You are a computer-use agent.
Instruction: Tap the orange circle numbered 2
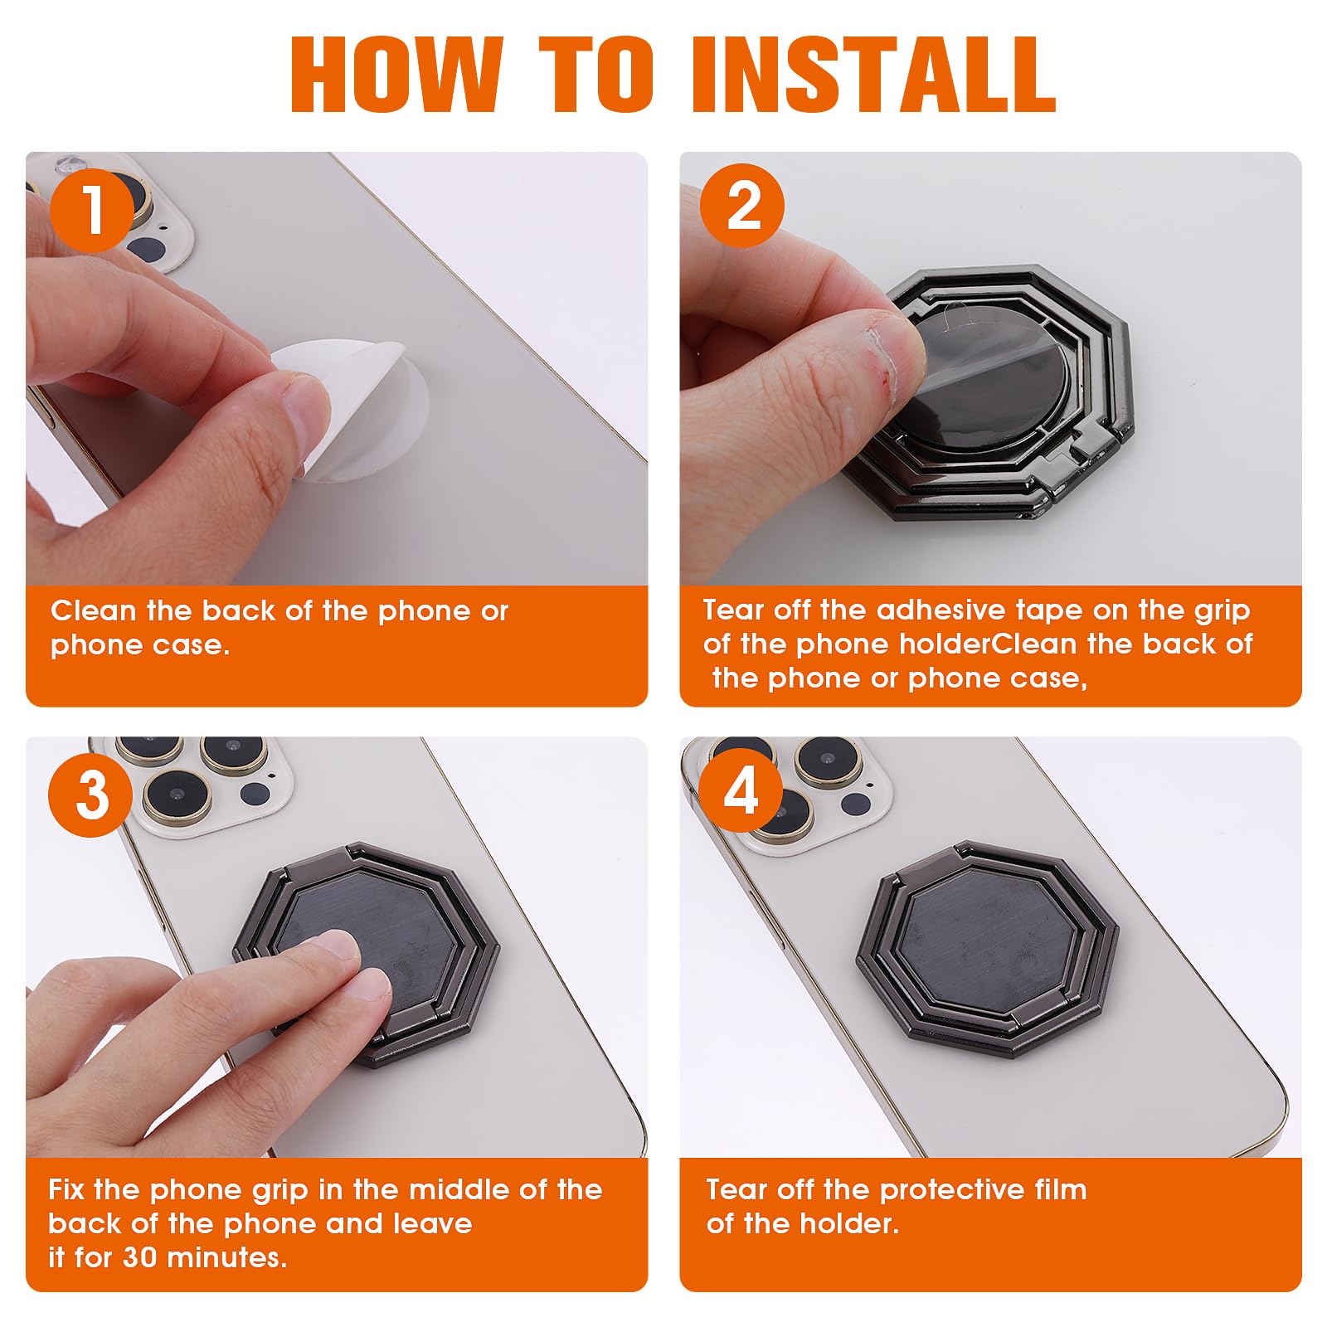coord(742,206)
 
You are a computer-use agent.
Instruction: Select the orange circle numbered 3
coord(90,795)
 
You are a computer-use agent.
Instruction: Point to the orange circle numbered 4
coord(741,791)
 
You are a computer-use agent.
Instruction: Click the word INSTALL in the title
coord(874,75)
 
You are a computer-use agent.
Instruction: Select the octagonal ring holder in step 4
coord(988,947)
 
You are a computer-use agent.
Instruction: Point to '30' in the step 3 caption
coord(139,1257)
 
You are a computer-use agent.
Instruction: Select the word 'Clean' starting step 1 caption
coord(93,610)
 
